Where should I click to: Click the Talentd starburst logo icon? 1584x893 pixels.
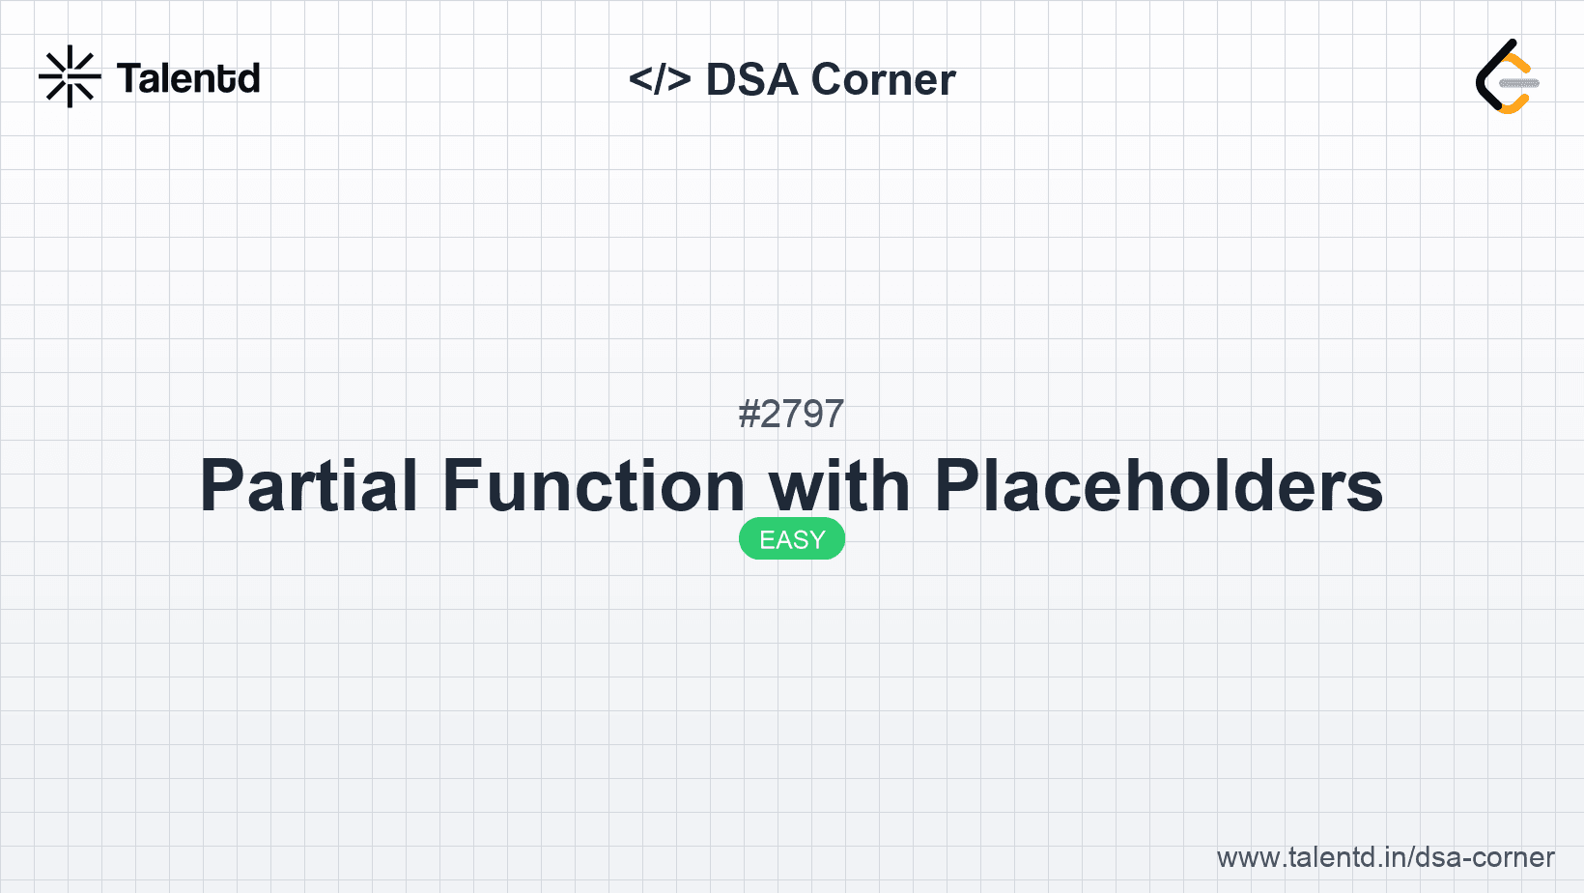click(x=70, y=76)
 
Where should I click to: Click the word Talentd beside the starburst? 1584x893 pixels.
click(x=188, y=78)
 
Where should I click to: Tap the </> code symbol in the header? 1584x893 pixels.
click(x=660, y=79)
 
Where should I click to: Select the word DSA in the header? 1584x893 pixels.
click(x=751, y=79)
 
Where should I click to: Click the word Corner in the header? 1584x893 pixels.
click(x=883, y=79)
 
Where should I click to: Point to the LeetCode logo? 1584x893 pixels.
click(x=1507, y=77)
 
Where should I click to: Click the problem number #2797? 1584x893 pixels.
click(x=791, y=414)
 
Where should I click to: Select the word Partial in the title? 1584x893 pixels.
click(x=309, y=485)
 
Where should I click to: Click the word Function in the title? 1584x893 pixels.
click(x=594, y=485)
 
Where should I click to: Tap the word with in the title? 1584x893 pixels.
click(x=839, y=485)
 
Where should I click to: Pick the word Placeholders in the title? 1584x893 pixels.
click(x=1158, y=485)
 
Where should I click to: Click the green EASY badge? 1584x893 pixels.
click(x=792, y=539)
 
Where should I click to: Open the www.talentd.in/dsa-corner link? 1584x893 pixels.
click(x=1385, y=857)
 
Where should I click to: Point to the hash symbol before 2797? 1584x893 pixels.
click(x=749, y=414)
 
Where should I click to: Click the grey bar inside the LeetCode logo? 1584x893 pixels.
click(x=1518, y=83)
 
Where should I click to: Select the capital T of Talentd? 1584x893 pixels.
click(x=128, y=78)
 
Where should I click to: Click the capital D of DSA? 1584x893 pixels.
click(x=723, y=79)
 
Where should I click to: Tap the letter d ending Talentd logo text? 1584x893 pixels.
click(x=249, y=78)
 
